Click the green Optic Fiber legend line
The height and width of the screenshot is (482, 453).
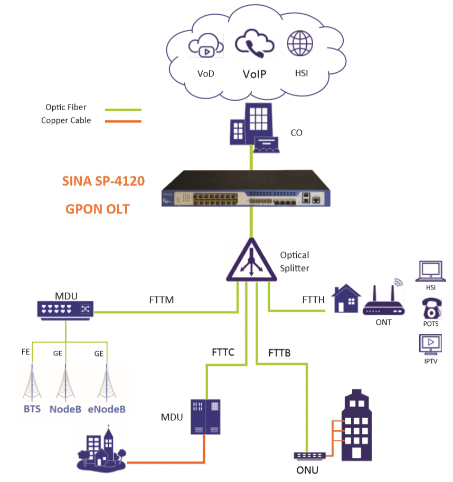point(123,110)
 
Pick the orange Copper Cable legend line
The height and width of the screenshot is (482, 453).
point(123,121)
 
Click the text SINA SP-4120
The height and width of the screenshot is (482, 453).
point(103,180)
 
